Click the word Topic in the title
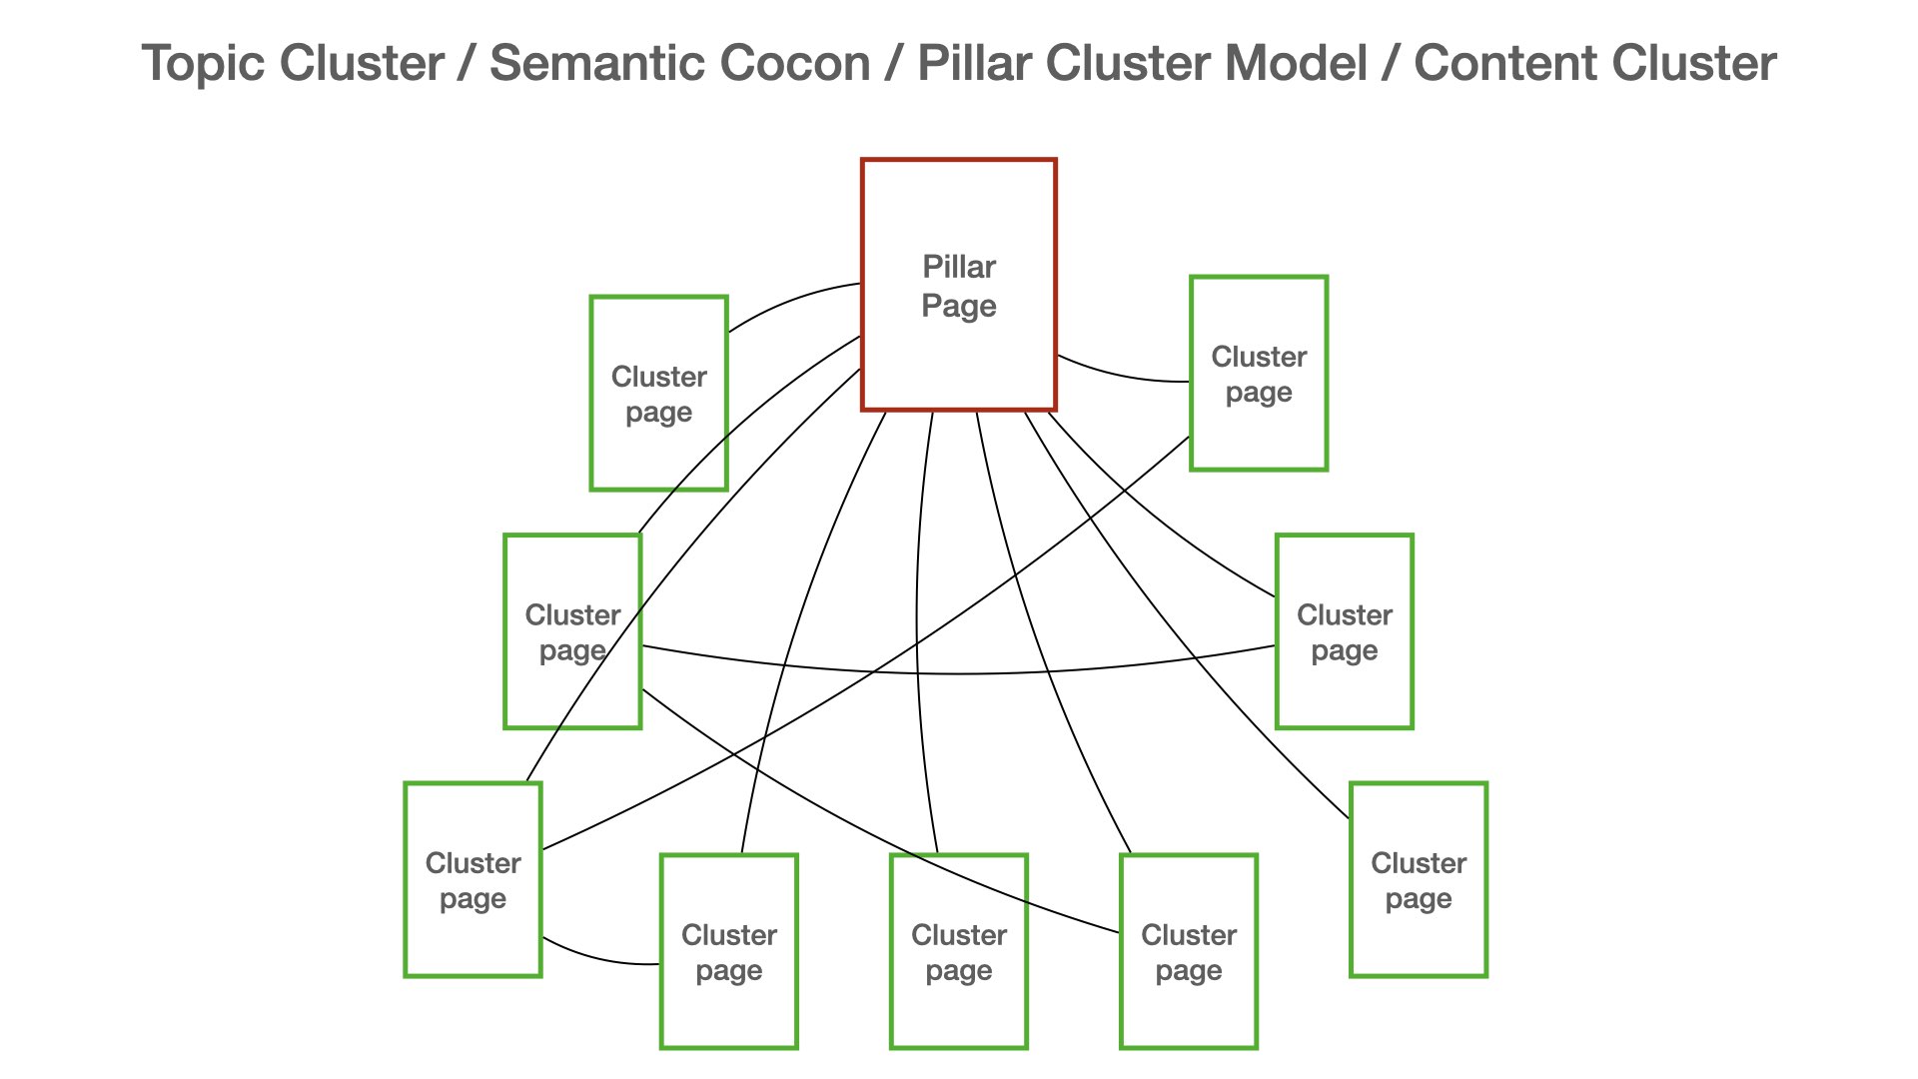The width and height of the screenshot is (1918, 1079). (202, 63)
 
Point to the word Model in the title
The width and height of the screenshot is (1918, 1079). (1295, 63)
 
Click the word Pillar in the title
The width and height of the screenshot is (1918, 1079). (975, 63)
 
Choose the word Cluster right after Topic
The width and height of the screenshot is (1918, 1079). (362, 63)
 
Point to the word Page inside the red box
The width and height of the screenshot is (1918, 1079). (959, 306)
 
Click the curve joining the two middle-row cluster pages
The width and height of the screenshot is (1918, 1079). (959, 674)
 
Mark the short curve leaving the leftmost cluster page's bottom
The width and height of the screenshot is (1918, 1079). (599, 960)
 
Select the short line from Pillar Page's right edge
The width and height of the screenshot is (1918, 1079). (1119, 377)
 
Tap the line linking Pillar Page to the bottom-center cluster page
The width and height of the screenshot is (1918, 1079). (918, 619)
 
